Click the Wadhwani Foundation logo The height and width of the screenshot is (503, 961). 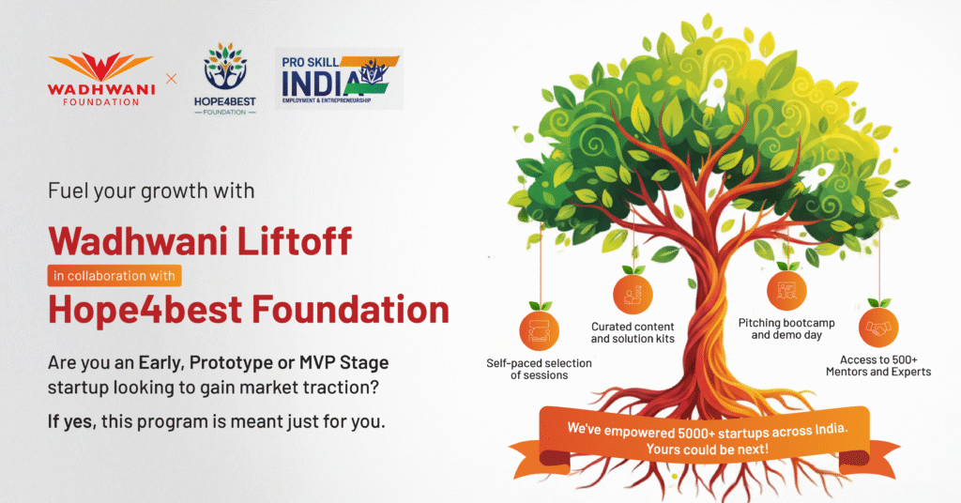(101, 79)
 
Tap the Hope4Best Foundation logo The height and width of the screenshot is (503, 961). (225, 79)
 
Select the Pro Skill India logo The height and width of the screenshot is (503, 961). (340, 79)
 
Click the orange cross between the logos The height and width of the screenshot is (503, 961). (172, 79)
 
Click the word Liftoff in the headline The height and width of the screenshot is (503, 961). (294, 240)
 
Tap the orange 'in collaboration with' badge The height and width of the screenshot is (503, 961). (114, 276)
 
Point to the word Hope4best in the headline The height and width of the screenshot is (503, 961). (145, 310)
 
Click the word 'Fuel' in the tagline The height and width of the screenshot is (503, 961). (64, 191)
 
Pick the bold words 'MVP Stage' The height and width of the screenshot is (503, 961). (343, 362)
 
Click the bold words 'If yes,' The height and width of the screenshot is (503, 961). (72, 421)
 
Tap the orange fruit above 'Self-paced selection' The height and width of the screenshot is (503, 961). (540, 329)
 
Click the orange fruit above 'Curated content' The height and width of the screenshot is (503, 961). (633, 294)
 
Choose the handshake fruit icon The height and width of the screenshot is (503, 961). (878, 328)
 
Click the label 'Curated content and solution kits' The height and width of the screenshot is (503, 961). (633, 333)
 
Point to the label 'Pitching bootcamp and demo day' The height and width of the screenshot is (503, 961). (786, 328)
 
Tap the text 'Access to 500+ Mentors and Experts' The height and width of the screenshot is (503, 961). (878, 366)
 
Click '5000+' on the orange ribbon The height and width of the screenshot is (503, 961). (696, 434)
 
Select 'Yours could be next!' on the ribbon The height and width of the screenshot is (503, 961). (708, 450)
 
